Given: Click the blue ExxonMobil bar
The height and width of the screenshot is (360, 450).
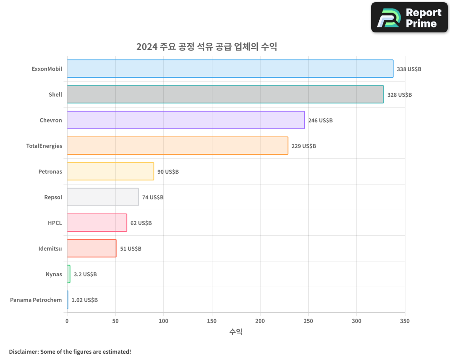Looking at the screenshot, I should point(230,69).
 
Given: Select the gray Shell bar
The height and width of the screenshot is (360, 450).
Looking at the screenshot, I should point(225,94).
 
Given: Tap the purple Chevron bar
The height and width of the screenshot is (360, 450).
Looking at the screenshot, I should point(185,120).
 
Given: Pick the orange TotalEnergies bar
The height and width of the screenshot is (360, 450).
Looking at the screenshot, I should point(177,146).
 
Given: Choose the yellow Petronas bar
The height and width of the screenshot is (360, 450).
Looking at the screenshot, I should point(110,171).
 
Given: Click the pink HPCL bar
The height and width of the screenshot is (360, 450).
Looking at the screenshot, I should point(97,223).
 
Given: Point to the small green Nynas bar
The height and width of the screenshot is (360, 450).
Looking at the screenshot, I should point(69,274).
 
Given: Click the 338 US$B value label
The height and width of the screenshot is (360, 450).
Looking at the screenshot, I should point(409,69).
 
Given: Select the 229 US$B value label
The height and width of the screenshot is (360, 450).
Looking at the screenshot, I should point(304,146).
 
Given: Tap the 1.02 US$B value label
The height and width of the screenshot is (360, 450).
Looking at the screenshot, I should point(85,300).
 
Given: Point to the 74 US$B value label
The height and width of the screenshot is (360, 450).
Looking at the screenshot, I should point(153,198).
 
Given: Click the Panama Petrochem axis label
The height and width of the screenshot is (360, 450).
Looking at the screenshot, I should point(36,300).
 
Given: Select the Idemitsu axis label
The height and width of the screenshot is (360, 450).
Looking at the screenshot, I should point(50,248).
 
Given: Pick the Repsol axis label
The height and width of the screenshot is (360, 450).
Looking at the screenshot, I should point(53,197).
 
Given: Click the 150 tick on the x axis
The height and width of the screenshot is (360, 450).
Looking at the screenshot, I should point(212,321).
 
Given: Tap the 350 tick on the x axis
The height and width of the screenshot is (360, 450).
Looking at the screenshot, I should point(405,321).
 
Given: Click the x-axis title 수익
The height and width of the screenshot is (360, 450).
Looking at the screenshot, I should point(236,332).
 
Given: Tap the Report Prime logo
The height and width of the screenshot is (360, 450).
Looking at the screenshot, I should point(409,18).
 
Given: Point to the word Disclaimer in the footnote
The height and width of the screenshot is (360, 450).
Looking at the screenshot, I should point(23,351).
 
